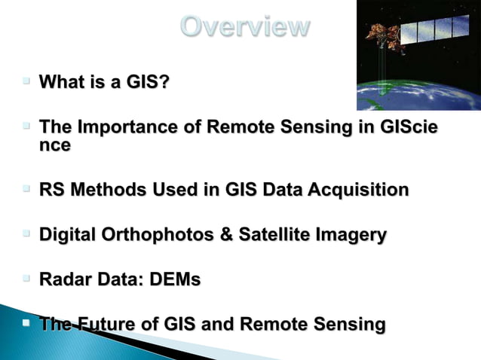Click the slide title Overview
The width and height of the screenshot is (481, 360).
pos(245,26)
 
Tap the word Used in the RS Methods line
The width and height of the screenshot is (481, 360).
pos(176,190)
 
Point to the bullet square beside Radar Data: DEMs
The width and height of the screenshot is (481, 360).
pos(26,279)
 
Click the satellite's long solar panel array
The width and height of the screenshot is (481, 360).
pos(434,29)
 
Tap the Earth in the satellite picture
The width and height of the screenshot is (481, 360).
pos(422,94)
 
